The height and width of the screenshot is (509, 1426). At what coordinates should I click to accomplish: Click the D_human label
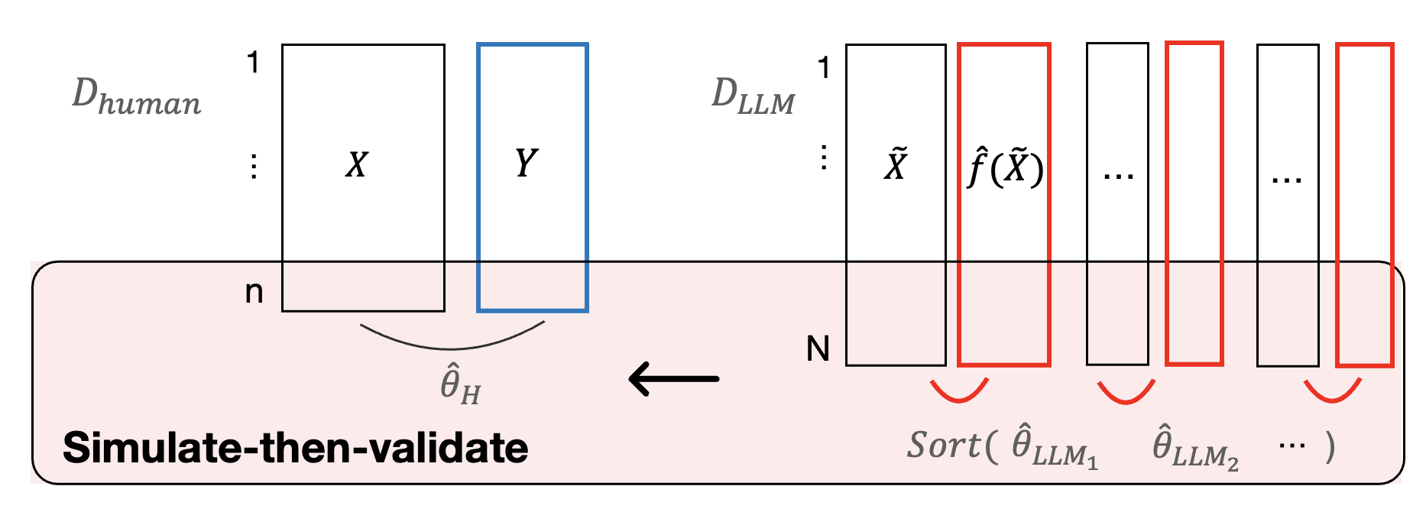(x=136, y=97)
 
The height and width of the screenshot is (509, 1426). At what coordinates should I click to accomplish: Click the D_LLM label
(x=753, y=97)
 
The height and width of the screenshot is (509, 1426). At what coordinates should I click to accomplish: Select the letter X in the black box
(x=356, y=164)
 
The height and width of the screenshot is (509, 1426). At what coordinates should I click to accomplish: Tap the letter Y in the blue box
(x=526, y=163)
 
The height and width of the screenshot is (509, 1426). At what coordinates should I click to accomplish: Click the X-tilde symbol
(x=895, y=164)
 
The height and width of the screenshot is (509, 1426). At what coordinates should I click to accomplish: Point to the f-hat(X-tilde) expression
(x=1004, y=168)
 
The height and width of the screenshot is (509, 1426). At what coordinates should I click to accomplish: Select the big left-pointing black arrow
(x=673, y=378)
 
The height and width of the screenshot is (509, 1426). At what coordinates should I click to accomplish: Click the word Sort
(x=943, y=446)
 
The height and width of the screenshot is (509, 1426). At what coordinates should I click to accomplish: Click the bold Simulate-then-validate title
(x=295, y=448)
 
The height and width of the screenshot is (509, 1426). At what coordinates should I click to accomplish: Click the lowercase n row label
(x=254, y=292)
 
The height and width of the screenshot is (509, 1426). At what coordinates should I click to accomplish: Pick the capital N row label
(x=818, y=349)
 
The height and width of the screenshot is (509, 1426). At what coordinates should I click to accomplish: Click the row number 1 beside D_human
(x=253, y=63)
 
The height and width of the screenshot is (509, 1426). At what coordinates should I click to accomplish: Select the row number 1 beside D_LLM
(x=823, y=68)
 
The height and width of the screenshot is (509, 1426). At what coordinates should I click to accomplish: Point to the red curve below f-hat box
(x=959, y=394)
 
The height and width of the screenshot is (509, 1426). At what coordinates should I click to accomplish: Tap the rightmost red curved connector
(x=1332, y=394)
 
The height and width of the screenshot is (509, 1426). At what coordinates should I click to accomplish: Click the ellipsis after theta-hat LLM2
(x=1292, y=445)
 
